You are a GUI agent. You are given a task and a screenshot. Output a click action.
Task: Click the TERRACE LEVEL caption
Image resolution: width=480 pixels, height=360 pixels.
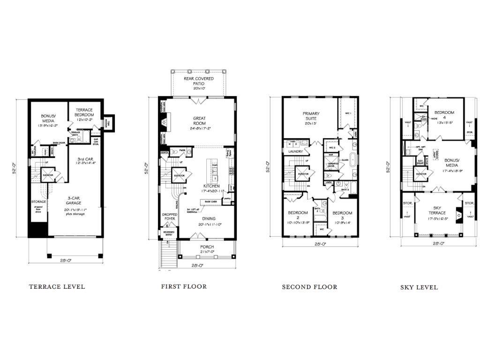click(x=57, y=286)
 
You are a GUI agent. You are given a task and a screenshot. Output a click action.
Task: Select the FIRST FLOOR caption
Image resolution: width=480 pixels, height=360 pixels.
click(x=184, y=286)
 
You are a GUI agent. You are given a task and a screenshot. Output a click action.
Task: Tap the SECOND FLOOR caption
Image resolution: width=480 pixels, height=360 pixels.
click(x=309, y=287)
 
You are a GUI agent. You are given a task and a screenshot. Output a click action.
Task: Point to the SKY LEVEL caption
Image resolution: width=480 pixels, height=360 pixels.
click(x=419, y=287)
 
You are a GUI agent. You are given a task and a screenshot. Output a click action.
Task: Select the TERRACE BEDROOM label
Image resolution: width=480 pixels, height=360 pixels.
click(x=84, y=112)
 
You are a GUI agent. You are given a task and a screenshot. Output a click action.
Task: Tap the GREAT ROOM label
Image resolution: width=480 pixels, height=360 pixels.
click(x=200, y=121)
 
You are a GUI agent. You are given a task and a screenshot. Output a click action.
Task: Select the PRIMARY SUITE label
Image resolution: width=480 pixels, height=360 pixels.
click(x=311, y=117)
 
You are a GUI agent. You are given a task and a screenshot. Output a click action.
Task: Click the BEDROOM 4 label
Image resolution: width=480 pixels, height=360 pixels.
click(x=442, y=115)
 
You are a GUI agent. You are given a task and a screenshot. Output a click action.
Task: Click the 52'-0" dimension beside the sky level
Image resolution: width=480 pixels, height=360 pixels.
click(x=388, y=168)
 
